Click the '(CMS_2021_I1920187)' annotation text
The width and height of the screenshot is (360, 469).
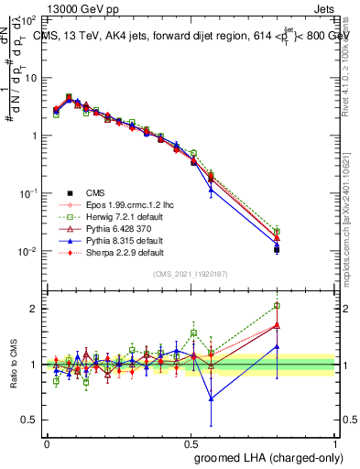click(191, 274)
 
